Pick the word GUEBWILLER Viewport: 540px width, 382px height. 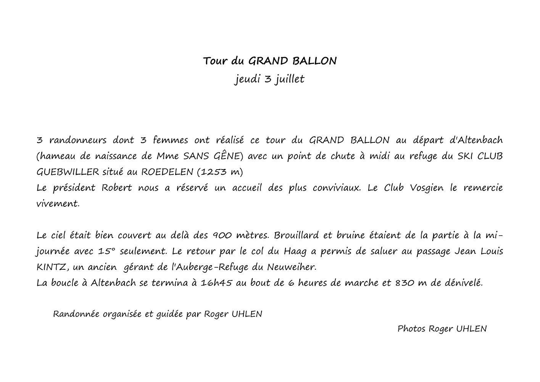coord(68,172)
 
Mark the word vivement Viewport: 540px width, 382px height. coord(58,204)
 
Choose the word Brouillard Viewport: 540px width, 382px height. coord(296,235)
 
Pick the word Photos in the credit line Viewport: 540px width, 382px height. coord(411,329)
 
